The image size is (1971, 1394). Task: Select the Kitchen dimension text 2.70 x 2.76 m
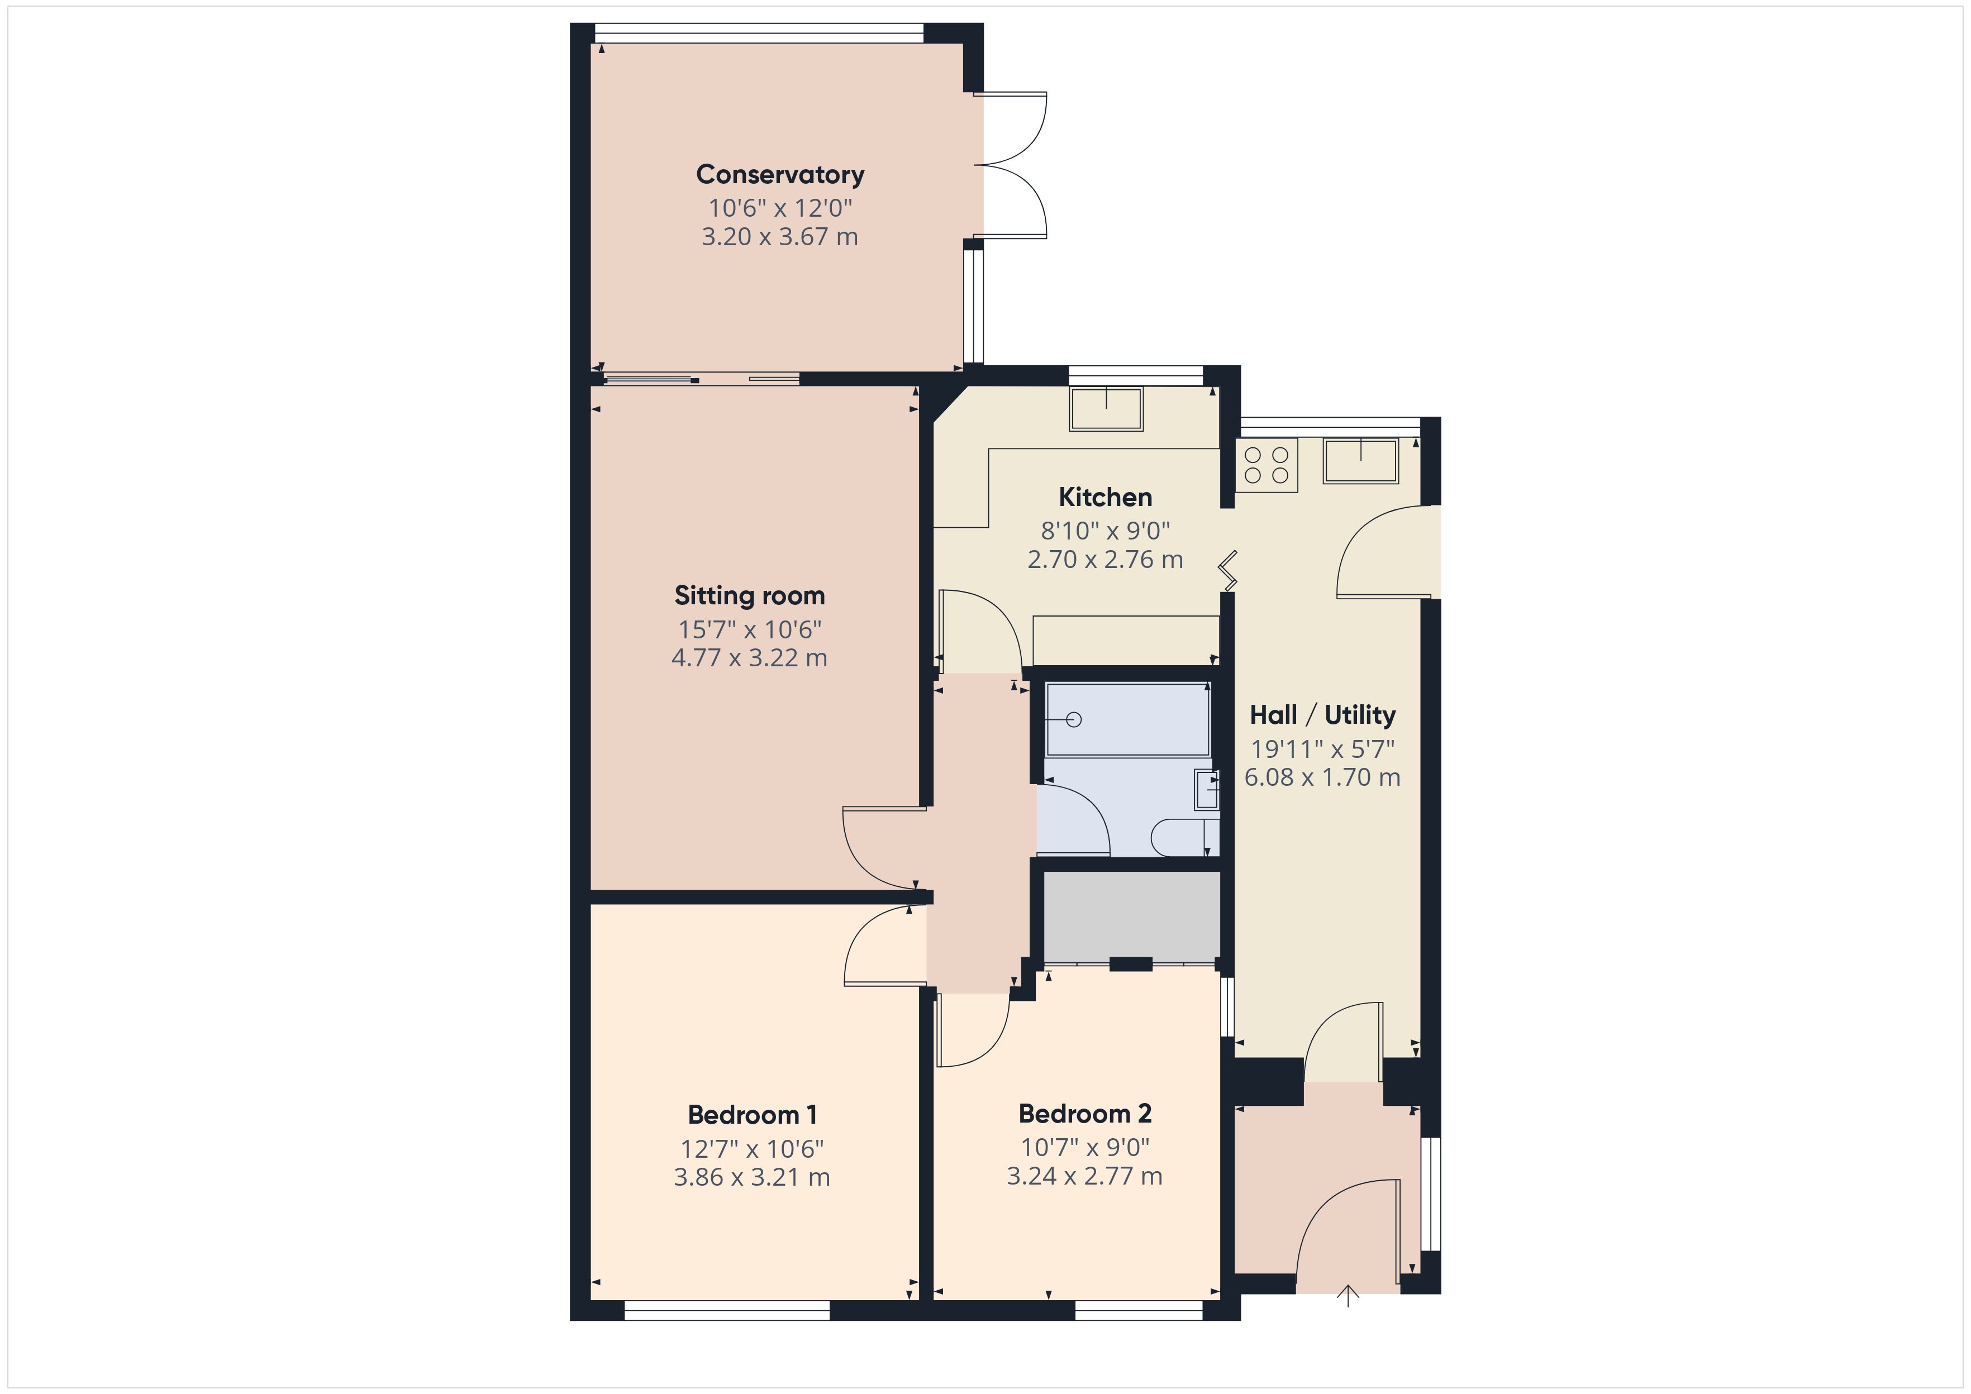click(x=1105, y=560)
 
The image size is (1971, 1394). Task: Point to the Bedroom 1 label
click(x=752, y=1115)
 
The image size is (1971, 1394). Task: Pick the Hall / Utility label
click(x=1322, y=714)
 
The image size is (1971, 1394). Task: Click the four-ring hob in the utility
click(x=1266, y=465)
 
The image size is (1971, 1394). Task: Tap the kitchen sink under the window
click(x=1106, y=409)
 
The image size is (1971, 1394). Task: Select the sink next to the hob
click(x=1360, y=461)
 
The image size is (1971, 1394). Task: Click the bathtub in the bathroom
click(x=1127, y=719)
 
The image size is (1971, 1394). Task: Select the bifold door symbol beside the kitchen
click(x=1229, y=571)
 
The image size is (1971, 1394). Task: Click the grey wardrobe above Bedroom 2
click(x=1131, y=916)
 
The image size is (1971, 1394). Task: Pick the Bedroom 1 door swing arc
click(x=875, y=944)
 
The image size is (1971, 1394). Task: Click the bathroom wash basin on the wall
click(x=1206, y=790)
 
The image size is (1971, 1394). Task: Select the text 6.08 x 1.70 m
click(x=1322, y=777)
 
